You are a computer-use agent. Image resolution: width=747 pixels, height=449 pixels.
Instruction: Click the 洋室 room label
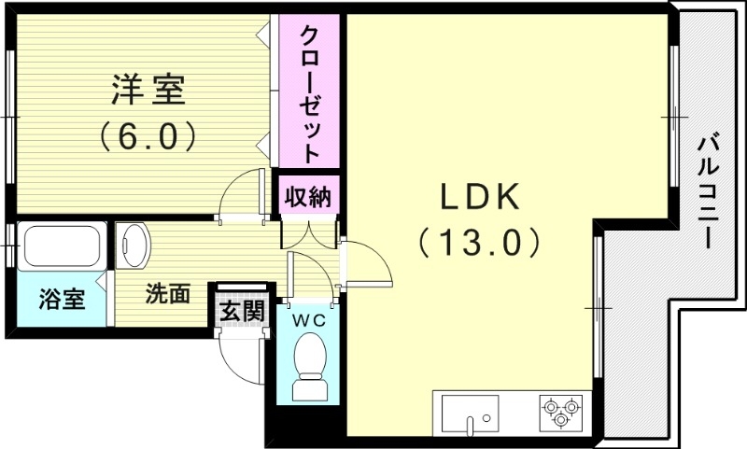[148, 91]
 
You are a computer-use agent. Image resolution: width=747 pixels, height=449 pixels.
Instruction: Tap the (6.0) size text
[148, 137]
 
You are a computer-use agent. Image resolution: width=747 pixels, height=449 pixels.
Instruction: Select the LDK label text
[478, 197]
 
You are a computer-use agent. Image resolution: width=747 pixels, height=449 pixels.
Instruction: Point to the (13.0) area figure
[478, 244]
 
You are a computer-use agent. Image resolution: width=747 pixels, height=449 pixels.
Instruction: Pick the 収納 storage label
[307, 197]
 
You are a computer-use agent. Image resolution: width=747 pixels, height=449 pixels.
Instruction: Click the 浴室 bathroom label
[62, 300]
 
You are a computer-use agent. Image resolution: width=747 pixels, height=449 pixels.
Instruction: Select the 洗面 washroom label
[168, 294]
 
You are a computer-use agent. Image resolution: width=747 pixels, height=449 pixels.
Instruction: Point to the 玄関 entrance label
[242, 310]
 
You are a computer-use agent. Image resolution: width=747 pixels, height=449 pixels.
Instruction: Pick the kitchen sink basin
[470, 412]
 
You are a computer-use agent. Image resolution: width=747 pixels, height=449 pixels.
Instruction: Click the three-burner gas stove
[560, 412]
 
